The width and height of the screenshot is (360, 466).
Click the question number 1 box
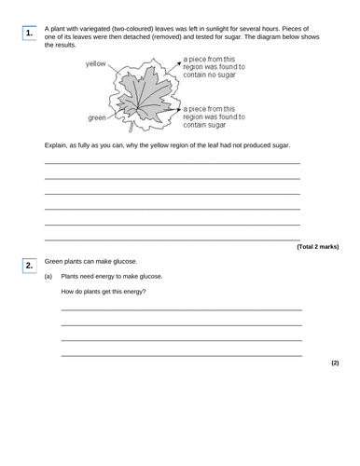tap(28, 34)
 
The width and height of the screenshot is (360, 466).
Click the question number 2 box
tap(28, 267)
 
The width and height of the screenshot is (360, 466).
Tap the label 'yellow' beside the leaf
tap(96, 64)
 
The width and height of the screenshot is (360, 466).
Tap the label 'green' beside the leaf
tap(97, 117)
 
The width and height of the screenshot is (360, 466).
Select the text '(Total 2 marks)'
tap(318, 246)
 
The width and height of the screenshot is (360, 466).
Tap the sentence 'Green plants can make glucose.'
tap(91, 262)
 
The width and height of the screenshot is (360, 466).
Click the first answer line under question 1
tap(173, 164)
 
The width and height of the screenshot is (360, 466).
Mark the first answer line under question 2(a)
tap(181, 309)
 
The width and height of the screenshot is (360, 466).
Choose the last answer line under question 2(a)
tap(181, 355)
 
